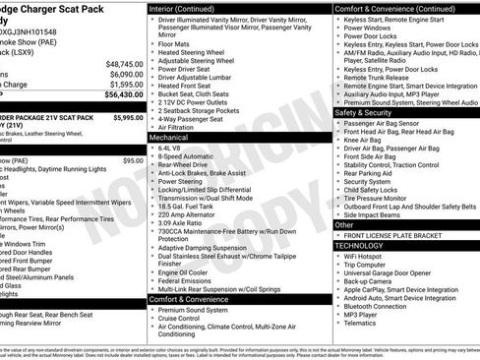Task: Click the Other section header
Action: click(345, 225)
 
